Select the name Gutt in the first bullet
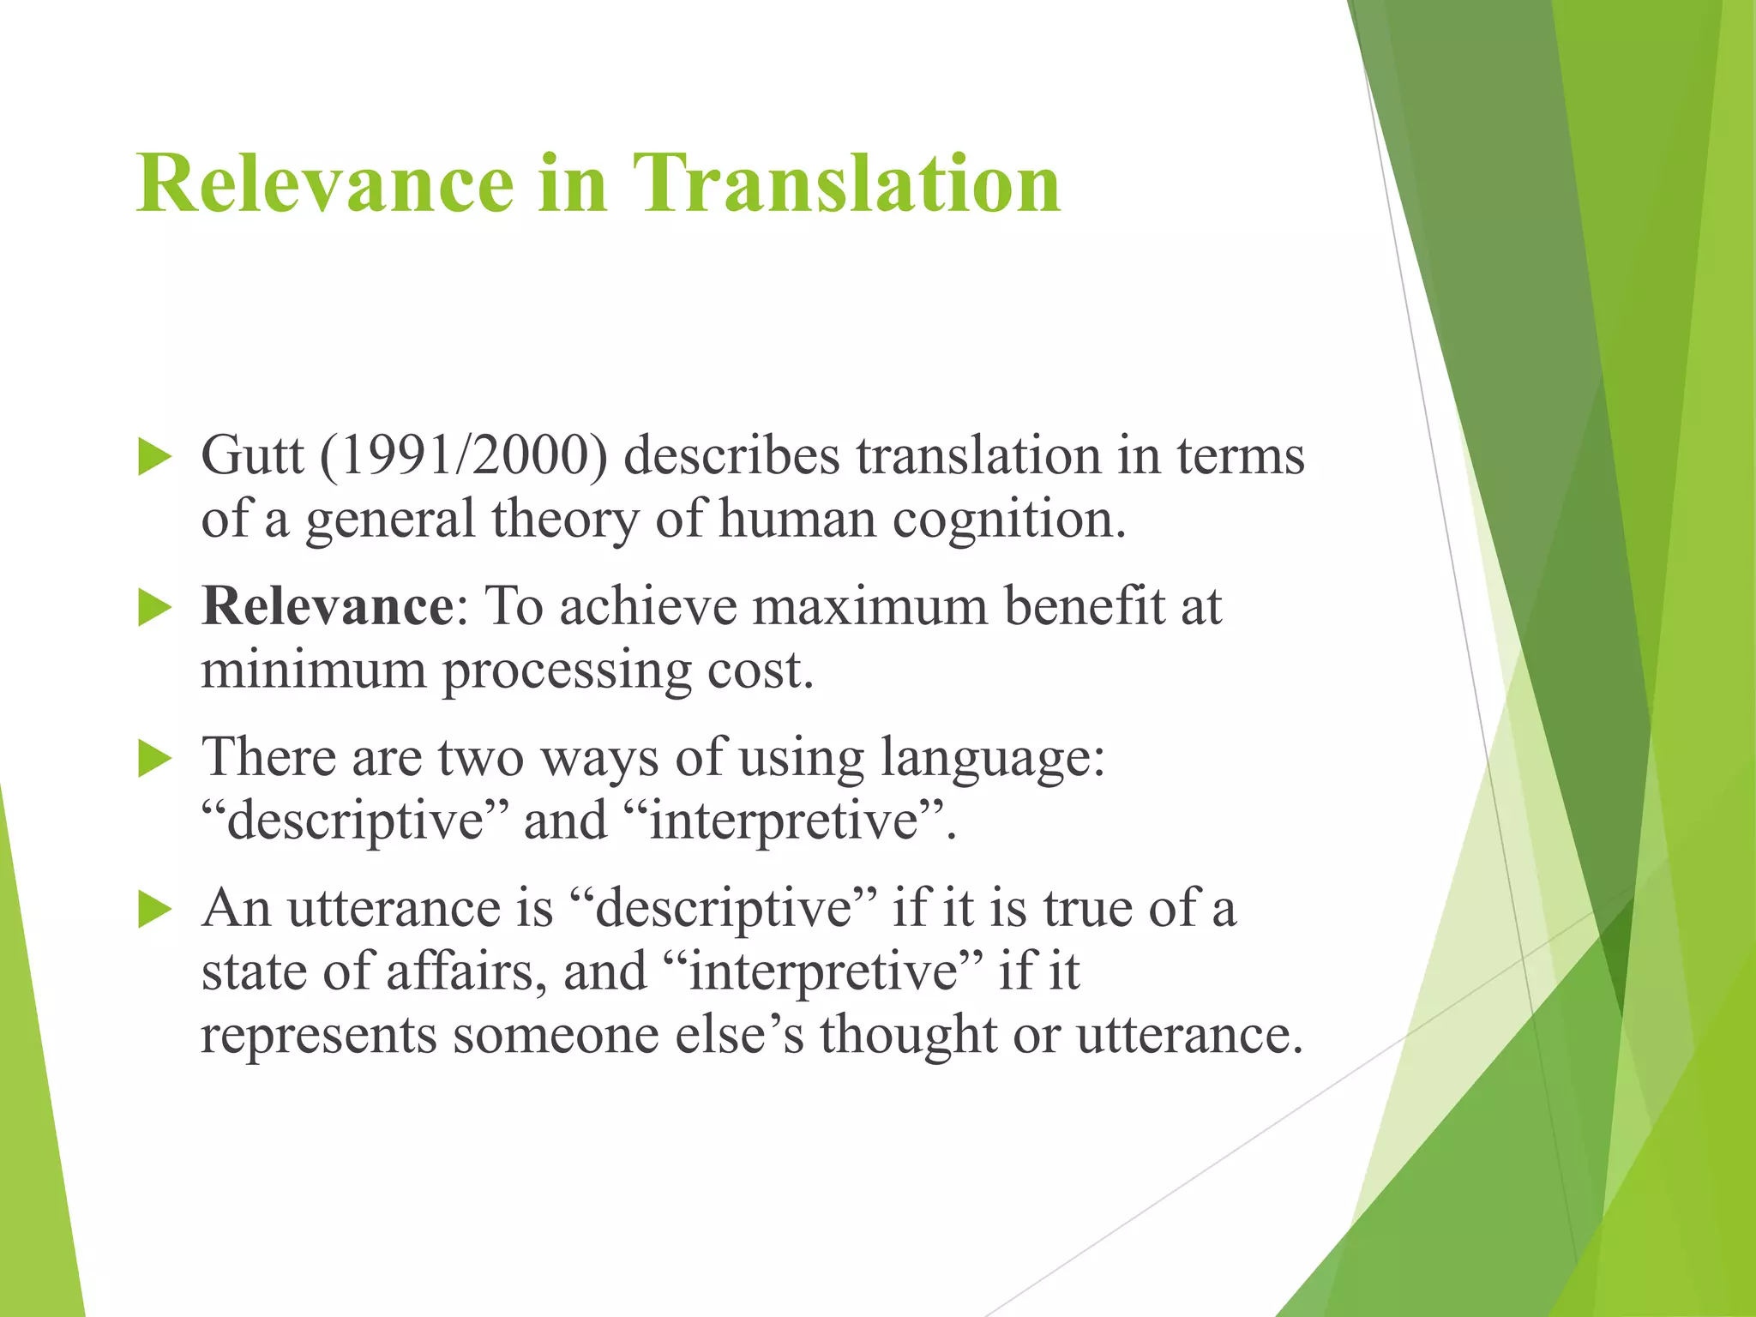click(x=252, y=455)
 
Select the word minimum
click(x=313, y=670)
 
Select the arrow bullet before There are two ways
click(x=154, y=760)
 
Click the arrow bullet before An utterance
click(x=154, y=910)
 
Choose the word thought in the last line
click(x=908, y=1035)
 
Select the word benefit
click(x=1085, y=606)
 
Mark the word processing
click(x=567, y=671)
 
